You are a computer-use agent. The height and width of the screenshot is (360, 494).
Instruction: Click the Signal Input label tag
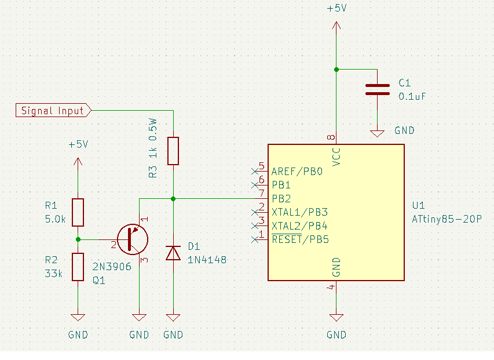53,111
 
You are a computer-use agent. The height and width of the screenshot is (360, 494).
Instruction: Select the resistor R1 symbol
78,213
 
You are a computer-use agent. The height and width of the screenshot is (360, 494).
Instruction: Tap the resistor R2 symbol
78,267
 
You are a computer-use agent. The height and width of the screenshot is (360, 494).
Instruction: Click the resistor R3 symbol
173,151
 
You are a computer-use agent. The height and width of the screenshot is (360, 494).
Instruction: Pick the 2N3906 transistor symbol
133,239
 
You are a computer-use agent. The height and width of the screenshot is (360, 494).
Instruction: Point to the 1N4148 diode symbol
173,253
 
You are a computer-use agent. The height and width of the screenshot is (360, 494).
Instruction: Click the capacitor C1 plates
377,89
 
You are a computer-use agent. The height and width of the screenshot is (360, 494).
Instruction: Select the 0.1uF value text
412,96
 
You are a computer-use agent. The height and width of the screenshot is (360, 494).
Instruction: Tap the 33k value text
53,274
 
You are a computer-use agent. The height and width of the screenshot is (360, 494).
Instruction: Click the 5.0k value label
55,219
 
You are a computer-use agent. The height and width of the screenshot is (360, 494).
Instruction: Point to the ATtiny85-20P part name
447,219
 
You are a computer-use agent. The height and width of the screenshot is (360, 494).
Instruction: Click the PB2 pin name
281,199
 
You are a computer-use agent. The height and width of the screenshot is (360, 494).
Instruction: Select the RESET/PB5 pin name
300,239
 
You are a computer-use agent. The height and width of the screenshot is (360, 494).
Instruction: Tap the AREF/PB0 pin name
297,172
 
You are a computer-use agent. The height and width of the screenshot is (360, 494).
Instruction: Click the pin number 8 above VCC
331,137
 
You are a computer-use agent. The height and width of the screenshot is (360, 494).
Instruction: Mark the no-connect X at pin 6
255,185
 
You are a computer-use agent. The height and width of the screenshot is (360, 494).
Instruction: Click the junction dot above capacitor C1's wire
336,70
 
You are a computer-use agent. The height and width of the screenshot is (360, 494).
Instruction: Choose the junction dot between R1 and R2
78,239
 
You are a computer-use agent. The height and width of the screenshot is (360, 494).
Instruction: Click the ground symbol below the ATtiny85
336,318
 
